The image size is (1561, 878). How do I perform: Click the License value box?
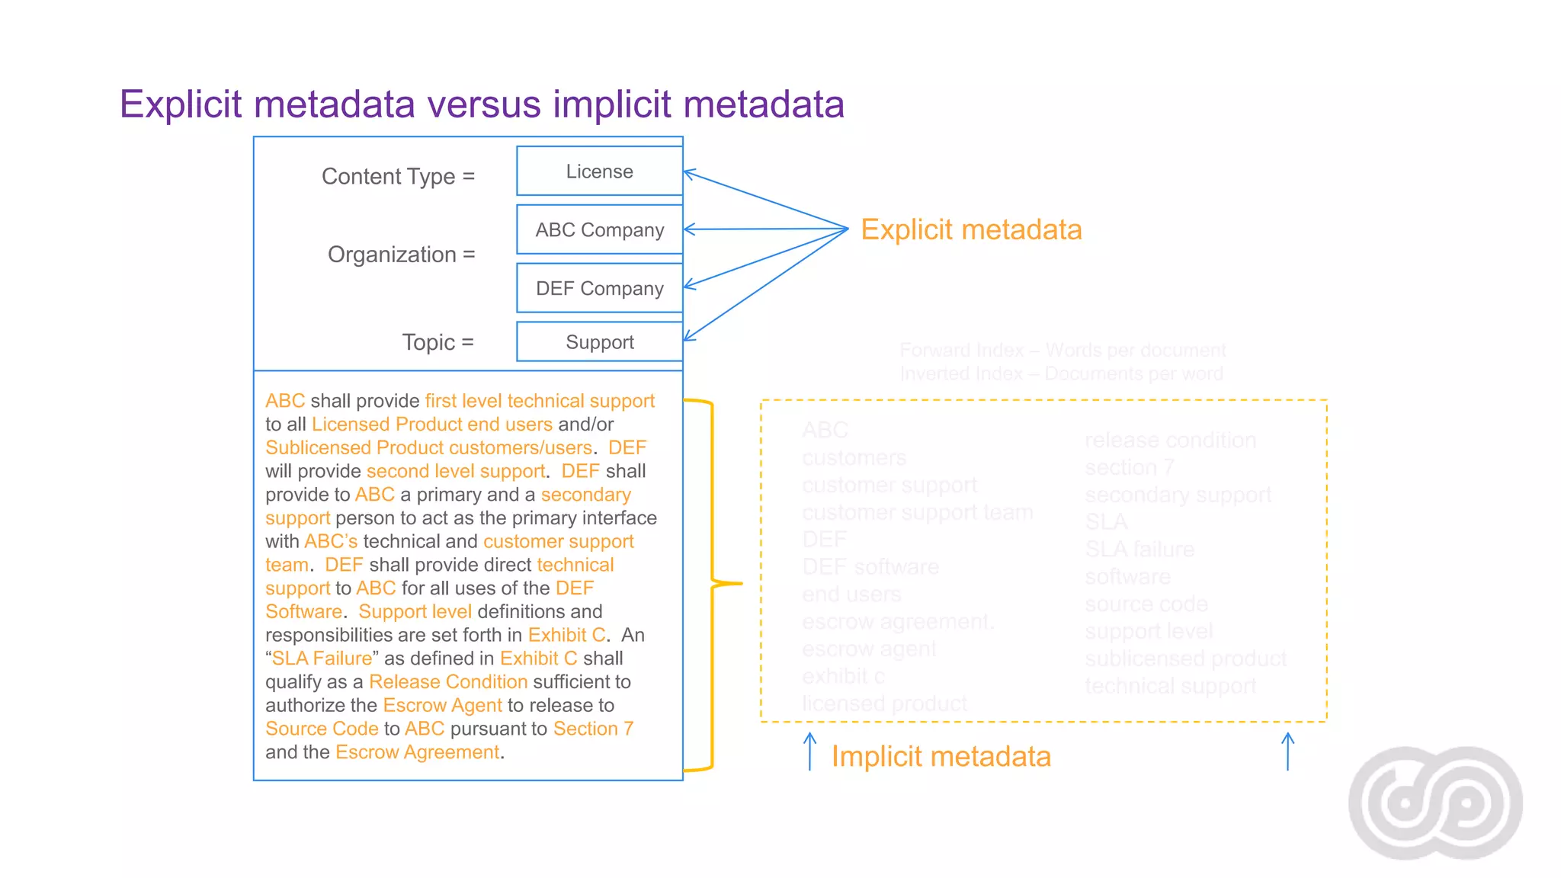click(x=599, y=171)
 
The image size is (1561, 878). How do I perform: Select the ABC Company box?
click(x=599, y=229)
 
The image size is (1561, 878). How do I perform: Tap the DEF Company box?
click(x=599, y=288)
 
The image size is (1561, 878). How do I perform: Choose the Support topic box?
click(x=599, y=342)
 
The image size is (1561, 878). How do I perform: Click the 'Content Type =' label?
click(x=398, y=176)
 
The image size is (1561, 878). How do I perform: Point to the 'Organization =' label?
click(x=401, y=255)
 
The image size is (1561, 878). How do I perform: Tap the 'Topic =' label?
click(x=438, y=342)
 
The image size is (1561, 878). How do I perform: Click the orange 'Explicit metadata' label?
click(x=971, y=229)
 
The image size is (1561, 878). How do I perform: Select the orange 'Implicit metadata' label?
click(x=941, y=757)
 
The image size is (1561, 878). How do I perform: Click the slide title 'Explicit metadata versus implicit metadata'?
click(x=482, y=104)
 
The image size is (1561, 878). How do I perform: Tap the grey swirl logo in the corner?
click(x=1435, y=803)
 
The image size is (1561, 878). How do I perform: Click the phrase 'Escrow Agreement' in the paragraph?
click(x=418, y=752)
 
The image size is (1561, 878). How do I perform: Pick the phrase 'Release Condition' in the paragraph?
click(x=448, y=682)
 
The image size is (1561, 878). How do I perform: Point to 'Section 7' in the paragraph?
click(x=593, y=729)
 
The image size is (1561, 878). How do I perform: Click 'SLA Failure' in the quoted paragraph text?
click(x=322, y=658)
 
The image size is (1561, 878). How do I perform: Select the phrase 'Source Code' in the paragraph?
click(x=322, y=729)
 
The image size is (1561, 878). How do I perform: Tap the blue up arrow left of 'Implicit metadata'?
click(x=809, y=751)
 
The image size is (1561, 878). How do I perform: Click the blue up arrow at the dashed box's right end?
click(x=1287, y=751)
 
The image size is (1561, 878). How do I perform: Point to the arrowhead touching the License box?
click(x=688, y=174)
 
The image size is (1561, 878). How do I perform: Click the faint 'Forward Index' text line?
click(x=1063, y=351)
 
